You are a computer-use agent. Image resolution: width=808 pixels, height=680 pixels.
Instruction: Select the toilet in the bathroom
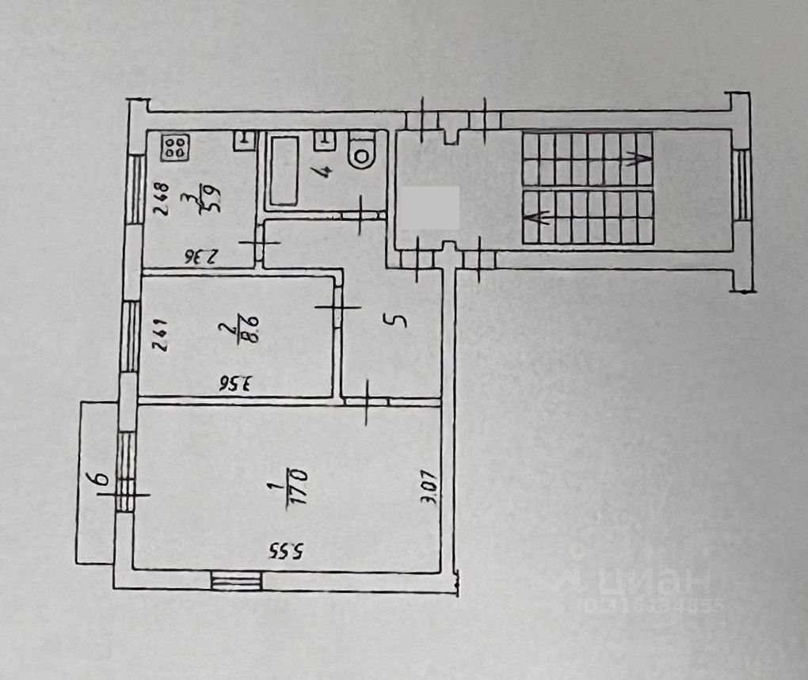[x=362, y=151]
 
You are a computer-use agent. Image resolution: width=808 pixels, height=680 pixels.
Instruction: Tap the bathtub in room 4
[x=284, y=171]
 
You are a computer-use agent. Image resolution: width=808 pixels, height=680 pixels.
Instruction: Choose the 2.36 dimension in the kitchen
[x=200, y=256]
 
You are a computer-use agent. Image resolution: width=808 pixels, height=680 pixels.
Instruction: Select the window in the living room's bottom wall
[x=236, y=581]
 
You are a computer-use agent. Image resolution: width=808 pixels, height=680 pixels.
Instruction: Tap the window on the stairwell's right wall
[x=741, y=184]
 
